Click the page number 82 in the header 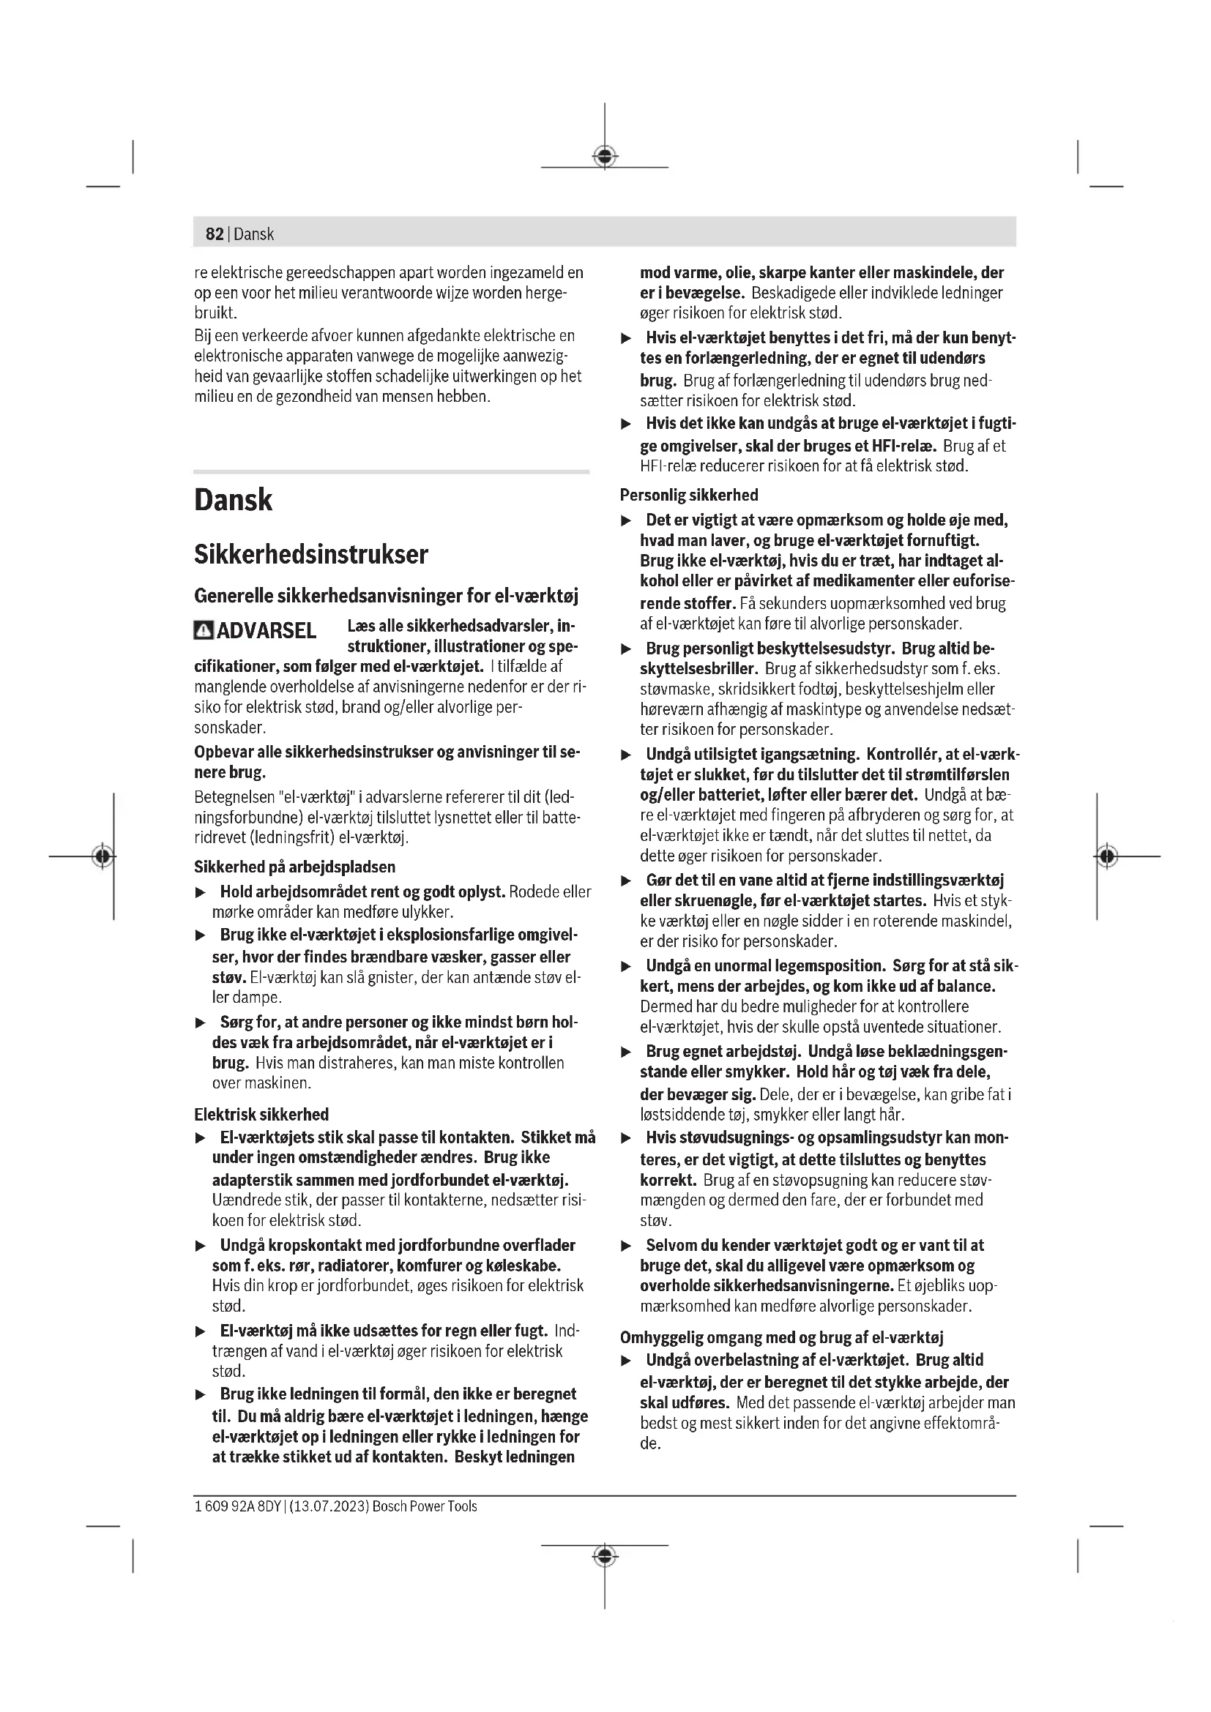pos(214,234)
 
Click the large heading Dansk pos(233,500)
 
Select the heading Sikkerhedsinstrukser pos(311,555)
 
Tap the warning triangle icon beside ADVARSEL pos(203,631)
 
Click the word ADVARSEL pos(267,631)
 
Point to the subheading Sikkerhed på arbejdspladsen pos(294,867)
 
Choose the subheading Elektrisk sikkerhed pos(261,1115)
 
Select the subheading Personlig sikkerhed pos(689,495)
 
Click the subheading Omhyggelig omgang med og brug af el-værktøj pos(782,1338)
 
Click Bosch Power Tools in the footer pos(425,1506)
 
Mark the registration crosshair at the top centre pos(605,157)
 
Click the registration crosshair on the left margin pos(103,856)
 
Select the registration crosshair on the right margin pos(1107,856)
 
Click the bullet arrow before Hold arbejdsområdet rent pos(200,892)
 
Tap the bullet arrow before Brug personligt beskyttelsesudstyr pos(627,649)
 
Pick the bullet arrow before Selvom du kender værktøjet pos(627,1246)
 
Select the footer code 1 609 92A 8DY pos(237,1506)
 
